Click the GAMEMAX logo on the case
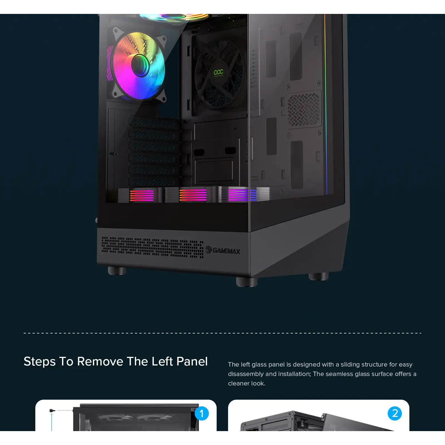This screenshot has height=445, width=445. [x=223, y=250]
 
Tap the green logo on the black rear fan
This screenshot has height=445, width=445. [x=218, y=73]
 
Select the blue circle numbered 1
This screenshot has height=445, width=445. [x=202, y=413]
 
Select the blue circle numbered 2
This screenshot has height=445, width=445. [x=395, y=413]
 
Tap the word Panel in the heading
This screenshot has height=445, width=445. [x=192, y=361]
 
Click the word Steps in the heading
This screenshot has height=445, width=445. [x=39, y=361]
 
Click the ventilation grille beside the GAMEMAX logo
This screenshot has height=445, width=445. [x=152, y=248]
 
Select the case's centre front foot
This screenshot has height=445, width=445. [x=246, y=281]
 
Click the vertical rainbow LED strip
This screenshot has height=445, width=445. [x=326, y=106]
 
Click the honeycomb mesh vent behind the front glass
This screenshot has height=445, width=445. [x=304, y=109]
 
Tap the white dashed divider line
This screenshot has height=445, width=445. [x=222, y=333]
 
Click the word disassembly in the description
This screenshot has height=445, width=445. [x=246, y=374]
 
